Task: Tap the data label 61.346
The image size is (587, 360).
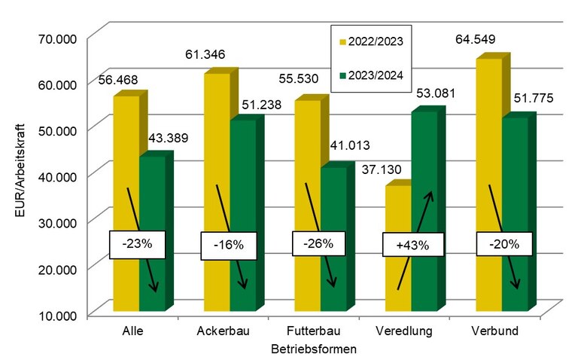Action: tap(205, 54)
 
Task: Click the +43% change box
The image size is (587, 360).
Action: tap(412, 244)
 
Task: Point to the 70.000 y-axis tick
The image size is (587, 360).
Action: tap(55, 36)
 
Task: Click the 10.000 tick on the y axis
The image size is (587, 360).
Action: tap(55, 314)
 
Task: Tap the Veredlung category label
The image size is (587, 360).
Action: tap(405, 331)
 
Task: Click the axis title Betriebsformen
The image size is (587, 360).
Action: tap(313, 349)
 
